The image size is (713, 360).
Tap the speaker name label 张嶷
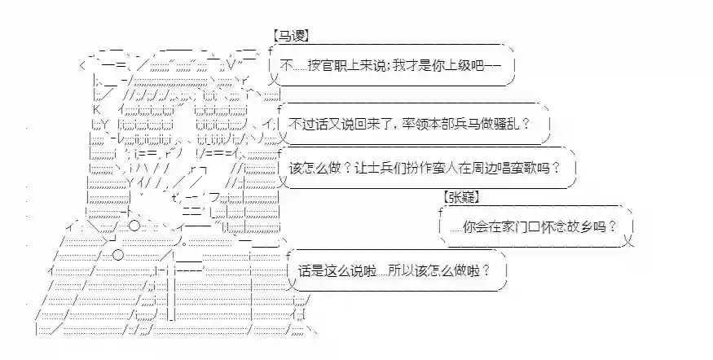click(461, 197)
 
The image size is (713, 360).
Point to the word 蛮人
click(451, 169)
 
